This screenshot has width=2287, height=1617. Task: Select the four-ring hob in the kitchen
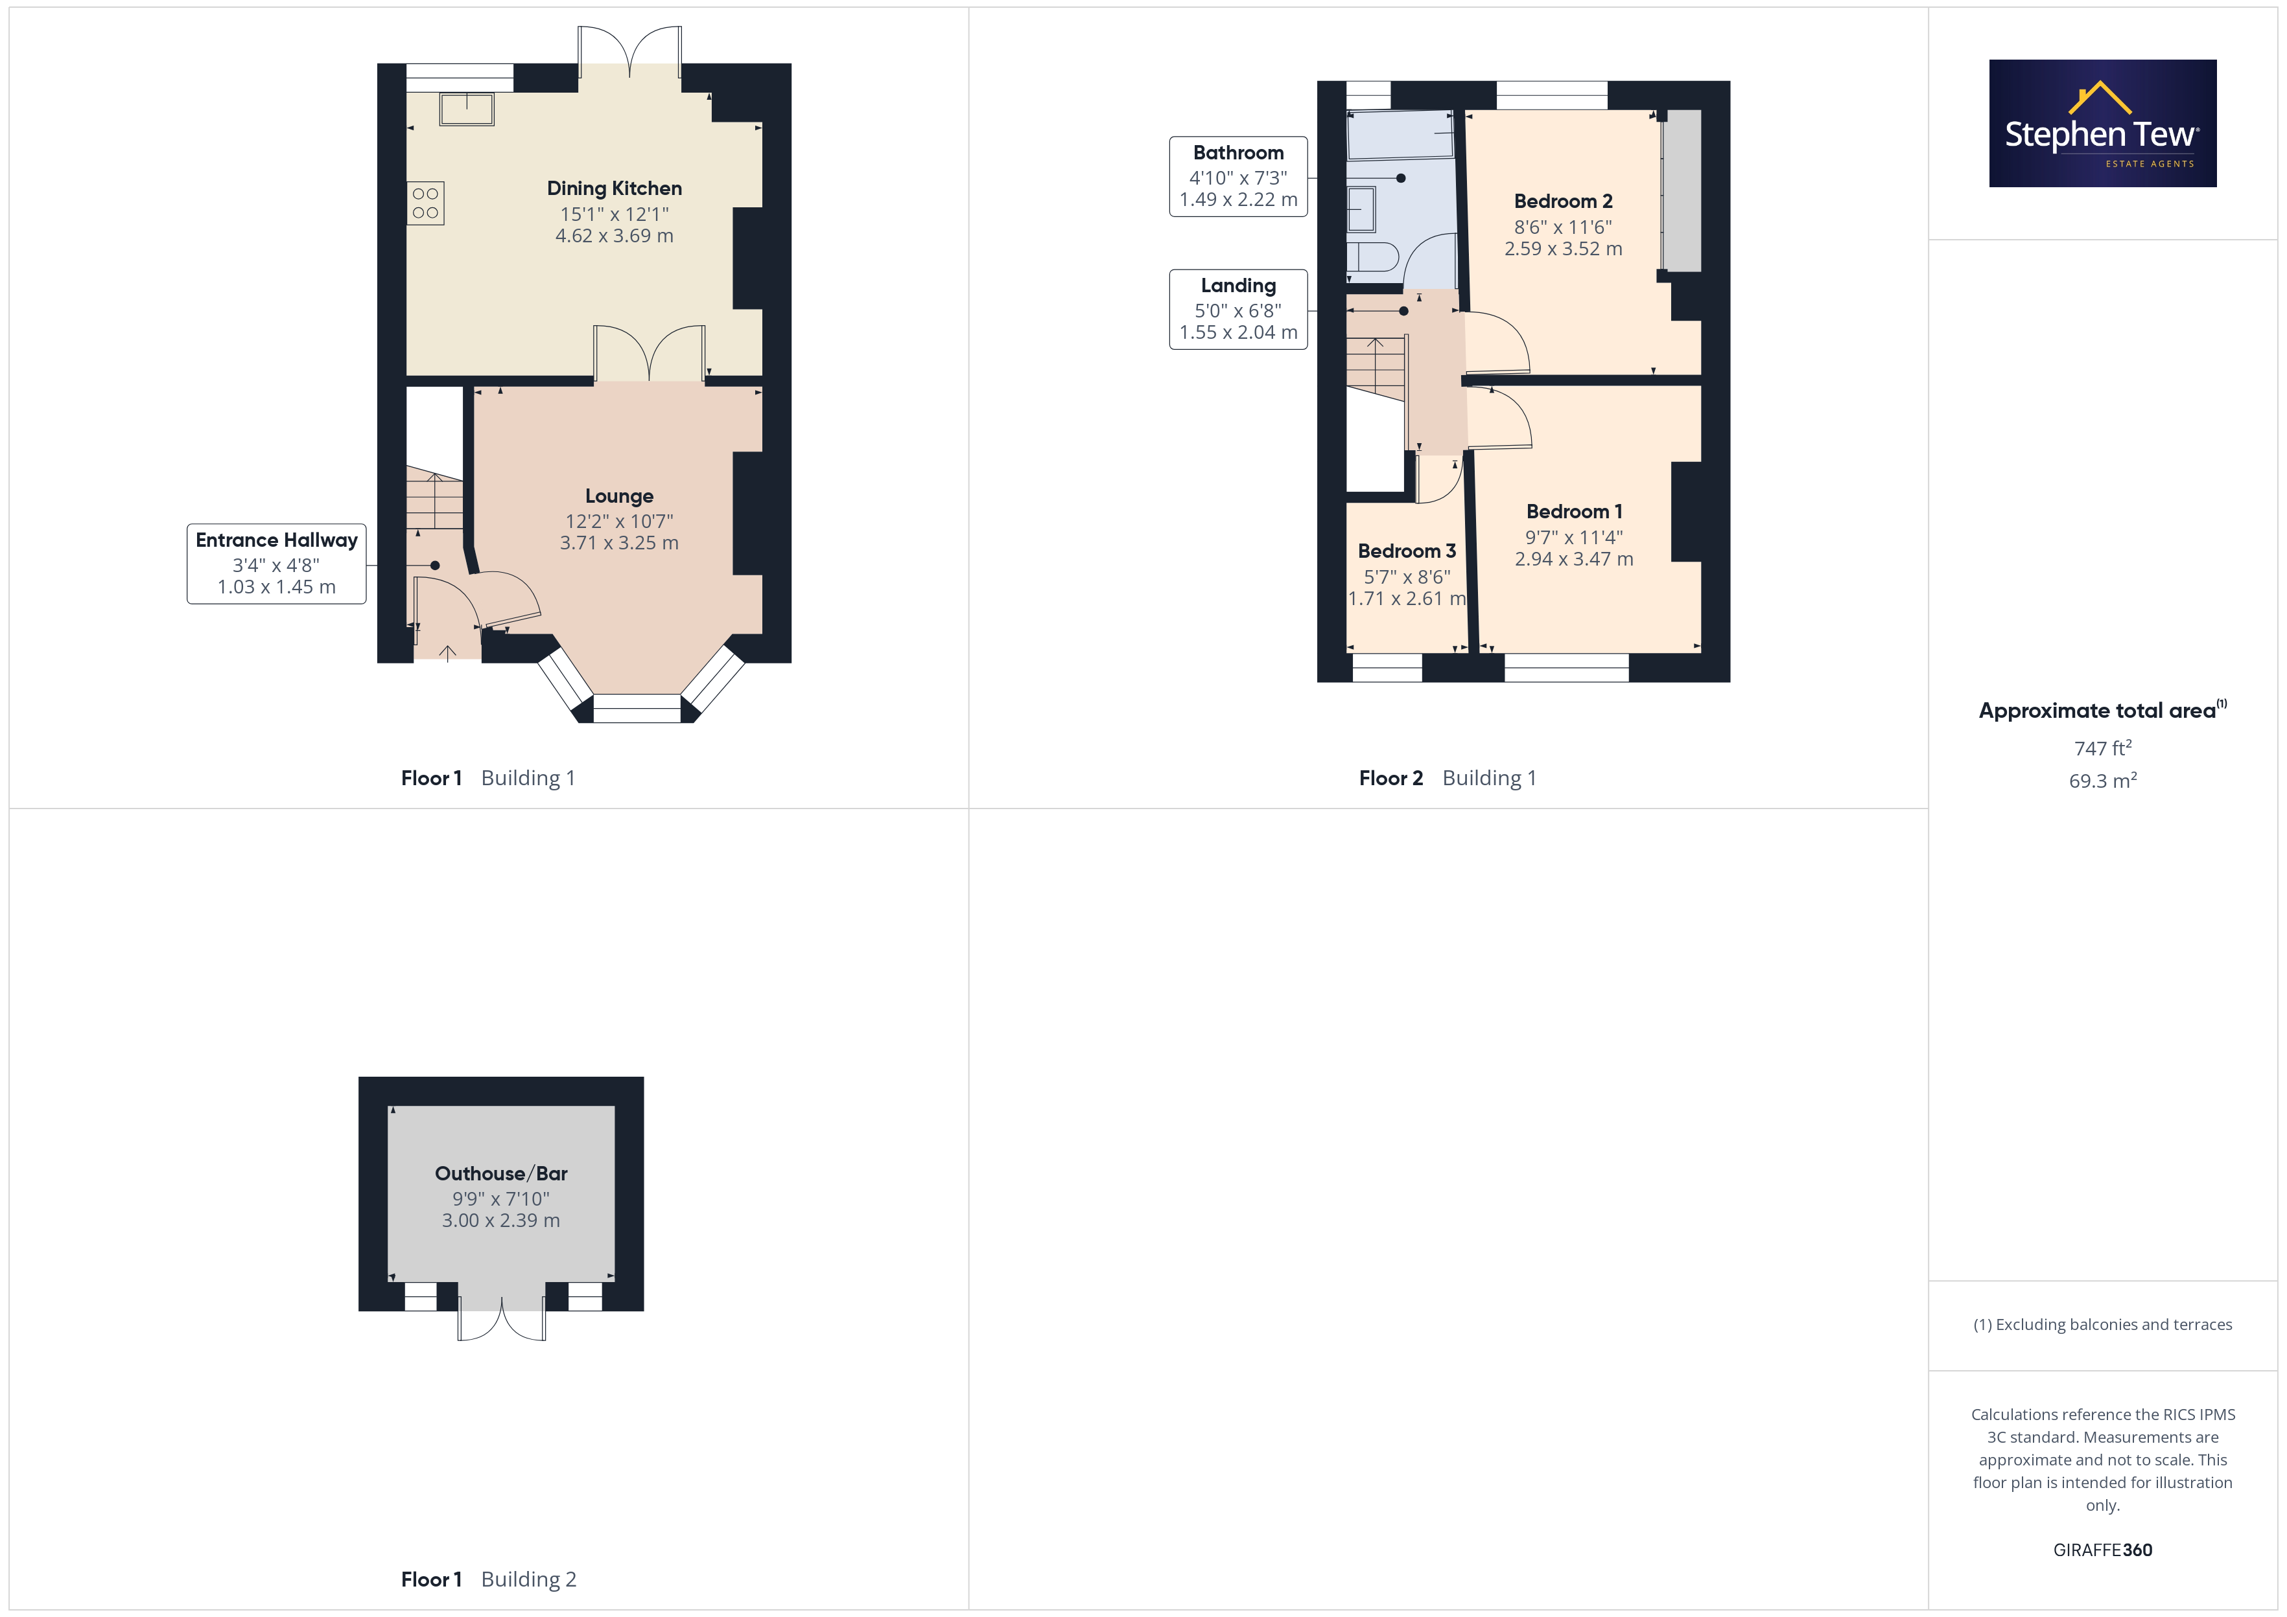(x=425, y=203)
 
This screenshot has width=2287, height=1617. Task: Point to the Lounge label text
(x=620, y=496)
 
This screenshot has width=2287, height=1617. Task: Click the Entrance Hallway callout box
(x=277, y=564)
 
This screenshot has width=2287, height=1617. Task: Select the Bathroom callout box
(x=1238, y=176)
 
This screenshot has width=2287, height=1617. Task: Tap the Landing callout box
(x=1238, y=310)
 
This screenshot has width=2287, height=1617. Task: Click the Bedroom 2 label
(x=1563, y=201)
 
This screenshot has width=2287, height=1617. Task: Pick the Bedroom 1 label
(x=1574, y=512)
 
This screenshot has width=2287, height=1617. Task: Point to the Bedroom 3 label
(x=1407, y=551)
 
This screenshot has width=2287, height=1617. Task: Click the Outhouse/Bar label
(x=501, y=1174)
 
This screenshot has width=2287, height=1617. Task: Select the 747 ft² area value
(x=2103, y=748)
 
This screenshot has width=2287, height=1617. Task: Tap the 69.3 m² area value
(x=2103, y=781)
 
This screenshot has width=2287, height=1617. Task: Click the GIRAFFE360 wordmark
(x=2103, y=1550)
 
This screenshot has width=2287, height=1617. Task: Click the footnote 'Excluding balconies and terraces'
(x=2103, y=1324)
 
